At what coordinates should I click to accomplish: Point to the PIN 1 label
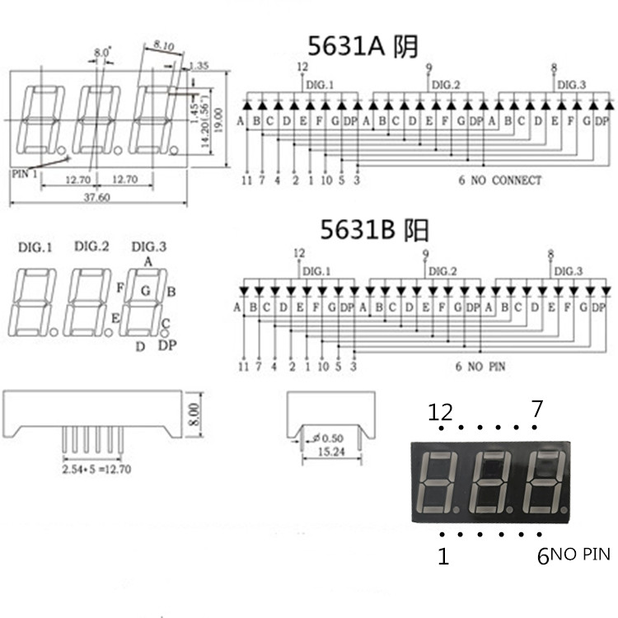pyautogui.click(x=26, y=174)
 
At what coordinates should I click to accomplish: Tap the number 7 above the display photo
pyautogui.click(x=536, y=408)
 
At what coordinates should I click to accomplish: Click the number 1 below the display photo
pyautogui.click(x=443, y=557)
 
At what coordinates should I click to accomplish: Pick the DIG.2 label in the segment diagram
pyautogui.click(x=91, y=246)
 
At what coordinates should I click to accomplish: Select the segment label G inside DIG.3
pyautogui.click(x=145, y=290)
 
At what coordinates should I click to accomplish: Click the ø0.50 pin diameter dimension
pyautogui.click(x=330, y=438)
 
